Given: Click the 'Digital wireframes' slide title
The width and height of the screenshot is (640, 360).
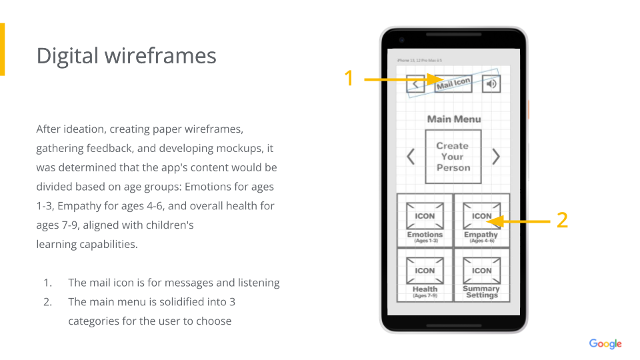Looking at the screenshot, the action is [126, 55].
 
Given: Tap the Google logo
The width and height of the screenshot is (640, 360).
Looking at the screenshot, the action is [605, 344].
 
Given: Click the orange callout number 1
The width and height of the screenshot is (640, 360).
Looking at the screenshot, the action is [348, 79].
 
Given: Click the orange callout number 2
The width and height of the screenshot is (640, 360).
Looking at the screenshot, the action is [562, 220].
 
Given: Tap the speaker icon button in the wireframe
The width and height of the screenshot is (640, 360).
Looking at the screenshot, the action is [491, 84].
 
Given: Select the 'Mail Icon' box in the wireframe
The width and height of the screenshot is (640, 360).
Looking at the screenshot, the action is [453, 84].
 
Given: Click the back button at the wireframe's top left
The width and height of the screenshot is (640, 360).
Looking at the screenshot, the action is [415, 84].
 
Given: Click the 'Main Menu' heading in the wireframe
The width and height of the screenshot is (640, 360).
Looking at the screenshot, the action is [453, 119].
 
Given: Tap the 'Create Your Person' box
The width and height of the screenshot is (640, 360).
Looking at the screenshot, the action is [453, 157].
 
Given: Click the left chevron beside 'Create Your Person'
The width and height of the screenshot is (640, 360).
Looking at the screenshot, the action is [411, 157].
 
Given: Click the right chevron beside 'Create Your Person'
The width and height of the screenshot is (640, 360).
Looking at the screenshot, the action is [496, 157].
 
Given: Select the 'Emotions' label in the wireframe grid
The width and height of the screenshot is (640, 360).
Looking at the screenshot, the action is [425, 235].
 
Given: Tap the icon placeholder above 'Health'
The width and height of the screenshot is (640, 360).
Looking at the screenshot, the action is [425, 271].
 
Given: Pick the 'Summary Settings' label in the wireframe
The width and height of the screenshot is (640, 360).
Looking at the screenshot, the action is [481, 292].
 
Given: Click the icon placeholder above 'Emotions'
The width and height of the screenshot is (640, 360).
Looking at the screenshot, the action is [425, 215].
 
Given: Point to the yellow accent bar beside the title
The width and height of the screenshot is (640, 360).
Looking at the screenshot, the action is [2, 49].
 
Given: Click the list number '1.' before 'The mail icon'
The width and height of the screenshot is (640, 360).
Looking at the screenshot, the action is [48, 283].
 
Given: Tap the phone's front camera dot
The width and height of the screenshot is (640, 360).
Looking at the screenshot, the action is [403, 39].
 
